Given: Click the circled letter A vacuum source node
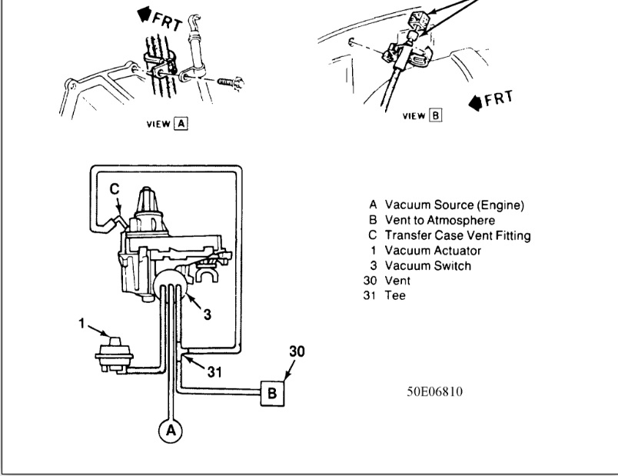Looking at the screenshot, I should pyautogui.click(x=171, y=431).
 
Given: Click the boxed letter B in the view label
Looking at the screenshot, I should pyautogui.click(x=436, y=116).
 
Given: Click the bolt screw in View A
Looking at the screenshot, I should pyautogui.click(x=229, y=80).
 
